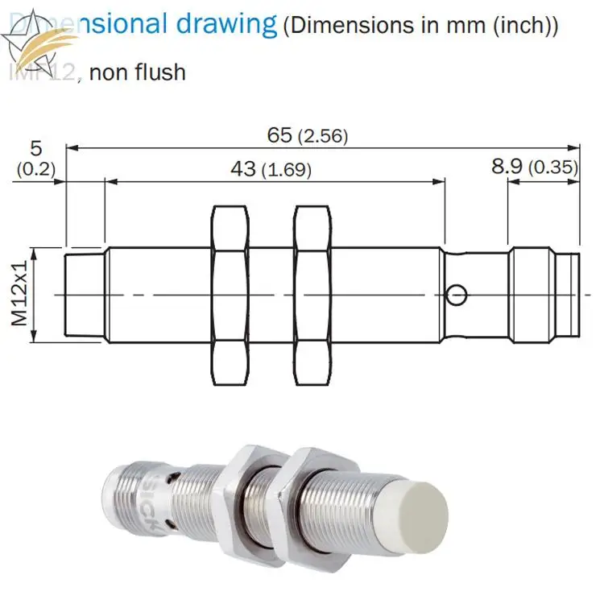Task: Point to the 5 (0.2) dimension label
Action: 34,158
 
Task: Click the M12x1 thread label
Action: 19,295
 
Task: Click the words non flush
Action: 137,72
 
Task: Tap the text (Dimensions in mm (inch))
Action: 420,25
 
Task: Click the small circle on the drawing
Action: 457,295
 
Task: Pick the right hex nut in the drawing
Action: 312,295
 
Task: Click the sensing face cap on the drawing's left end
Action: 85,295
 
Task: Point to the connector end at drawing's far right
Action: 544,295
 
